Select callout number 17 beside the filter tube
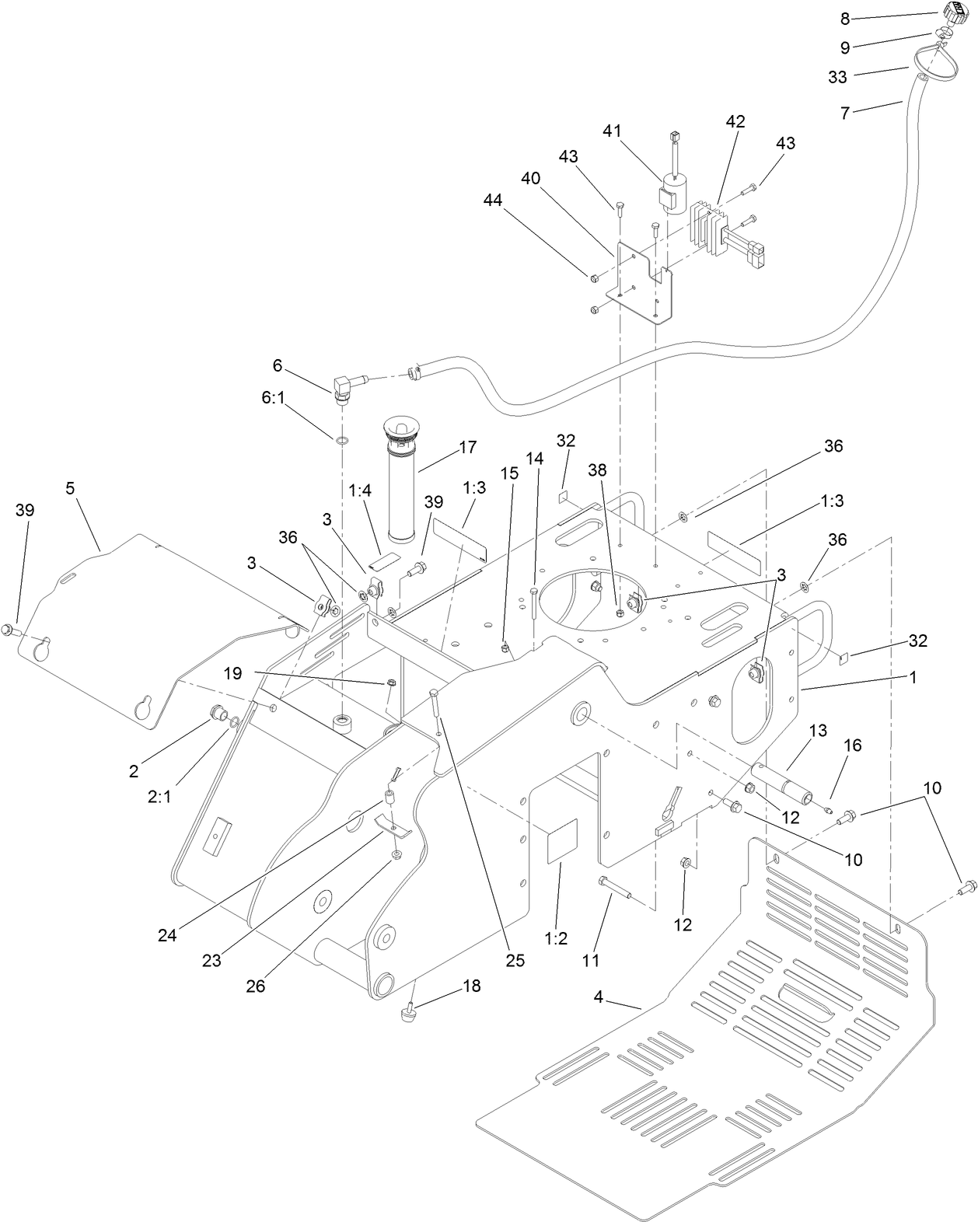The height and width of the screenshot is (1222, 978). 467,447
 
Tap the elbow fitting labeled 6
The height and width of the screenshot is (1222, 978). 344,386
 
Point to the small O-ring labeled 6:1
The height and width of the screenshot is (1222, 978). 341,442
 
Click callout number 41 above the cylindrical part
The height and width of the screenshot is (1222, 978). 612,131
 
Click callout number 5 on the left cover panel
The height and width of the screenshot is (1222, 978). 70,488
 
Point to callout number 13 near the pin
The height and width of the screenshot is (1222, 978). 818,731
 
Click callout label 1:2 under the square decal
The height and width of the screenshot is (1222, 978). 556,938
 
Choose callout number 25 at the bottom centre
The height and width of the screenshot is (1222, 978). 515,961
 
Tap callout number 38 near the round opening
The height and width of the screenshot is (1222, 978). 597,470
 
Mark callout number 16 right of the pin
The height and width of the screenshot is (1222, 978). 853,745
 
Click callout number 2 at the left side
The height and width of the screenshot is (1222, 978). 134,771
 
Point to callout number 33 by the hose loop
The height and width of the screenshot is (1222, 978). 837,78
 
